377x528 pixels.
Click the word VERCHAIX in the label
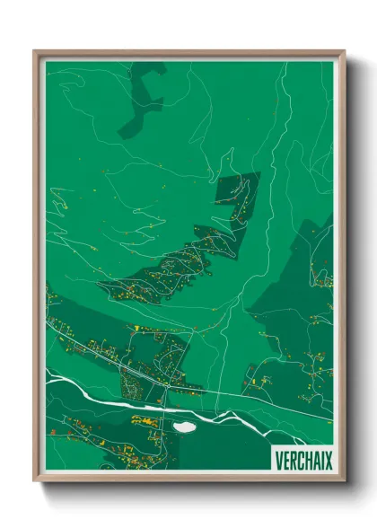301,460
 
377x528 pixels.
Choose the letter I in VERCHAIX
320,460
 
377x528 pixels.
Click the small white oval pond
184,427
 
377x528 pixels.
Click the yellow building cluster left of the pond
144,418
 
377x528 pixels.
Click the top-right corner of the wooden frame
343,53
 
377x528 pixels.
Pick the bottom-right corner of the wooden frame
343,482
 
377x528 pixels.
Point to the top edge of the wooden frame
188,53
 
